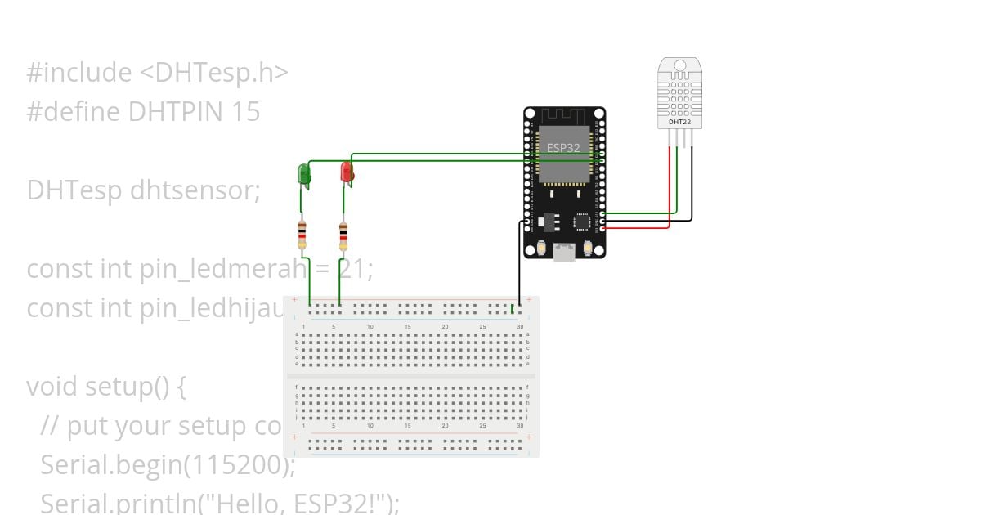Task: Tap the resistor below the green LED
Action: tap(302, 235)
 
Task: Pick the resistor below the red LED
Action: tap(343, 236)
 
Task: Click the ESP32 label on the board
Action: tap(563, 148)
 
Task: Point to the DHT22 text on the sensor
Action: tap(679, 122)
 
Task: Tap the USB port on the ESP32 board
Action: tap(564, 253)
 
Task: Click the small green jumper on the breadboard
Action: tap(512, 308)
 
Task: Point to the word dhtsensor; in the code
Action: tap(195, 190)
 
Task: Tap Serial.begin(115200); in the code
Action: tap(168, 464)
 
